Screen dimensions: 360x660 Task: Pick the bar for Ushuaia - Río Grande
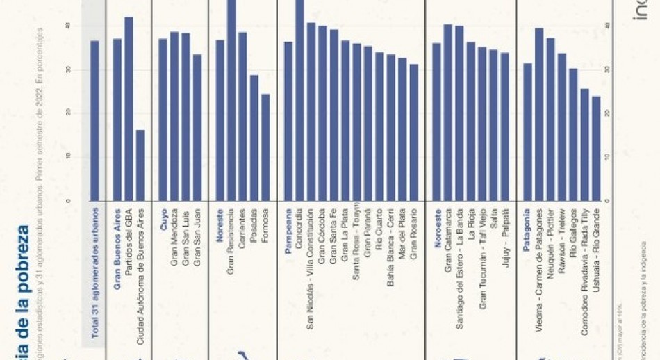596,149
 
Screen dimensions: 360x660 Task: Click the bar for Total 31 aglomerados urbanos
94,121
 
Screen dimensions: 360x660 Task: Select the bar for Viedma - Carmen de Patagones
539,115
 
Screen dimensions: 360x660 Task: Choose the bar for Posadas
254,138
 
